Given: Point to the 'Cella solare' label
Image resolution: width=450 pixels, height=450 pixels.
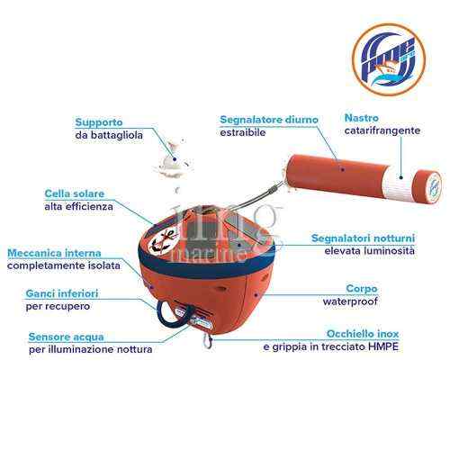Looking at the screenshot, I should pos(75,193).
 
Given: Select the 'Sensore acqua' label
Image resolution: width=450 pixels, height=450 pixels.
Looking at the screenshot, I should pos(64,335).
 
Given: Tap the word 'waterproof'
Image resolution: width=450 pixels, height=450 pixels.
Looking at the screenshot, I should pos(350,302).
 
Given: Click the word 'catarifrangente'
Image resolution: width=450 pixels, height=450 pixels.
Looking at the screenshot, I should pos(382,130).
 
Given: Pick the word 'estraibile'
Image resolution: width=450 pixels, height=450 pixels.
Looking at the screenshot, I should pos(243,132).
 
